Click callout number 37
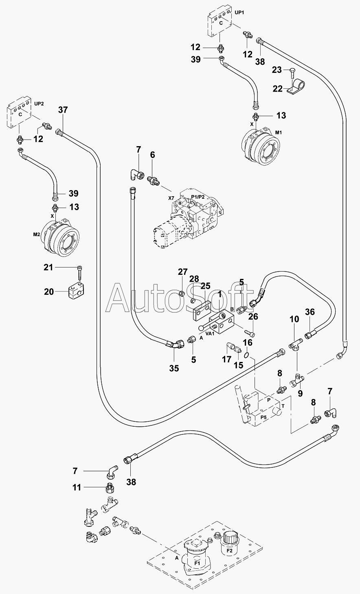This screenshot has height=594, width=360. (63, 110)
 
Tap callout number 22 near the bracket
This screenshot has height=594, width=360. (278, 88)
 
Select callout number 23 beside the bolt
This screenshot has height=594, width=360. (277, 70)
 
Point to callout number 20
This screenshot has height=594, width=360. (49, 292)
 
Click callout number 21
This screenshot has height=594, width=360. (48, 267)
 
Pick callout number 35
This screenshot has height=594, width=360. (174, 368)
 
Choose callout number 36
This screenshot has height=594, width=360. (310, 312)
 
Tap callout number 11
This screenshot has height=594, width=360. (77, 487)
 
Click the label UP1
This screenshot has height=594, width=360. (239, 13)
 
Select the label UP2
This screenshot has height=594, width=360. (39, 104)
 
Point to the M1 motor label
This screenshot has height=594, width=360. (278, 133)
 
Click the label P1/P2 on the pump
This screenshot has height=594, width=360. (198, 197)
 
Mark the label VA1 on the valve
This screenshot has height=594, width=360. (210, 333)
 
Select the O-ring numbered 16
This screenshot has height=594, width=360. (247, 355)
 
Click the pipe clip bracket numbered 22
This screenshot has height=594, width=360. (296, 88)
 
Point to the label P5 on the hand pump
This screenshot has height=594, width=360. (263, 417)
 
